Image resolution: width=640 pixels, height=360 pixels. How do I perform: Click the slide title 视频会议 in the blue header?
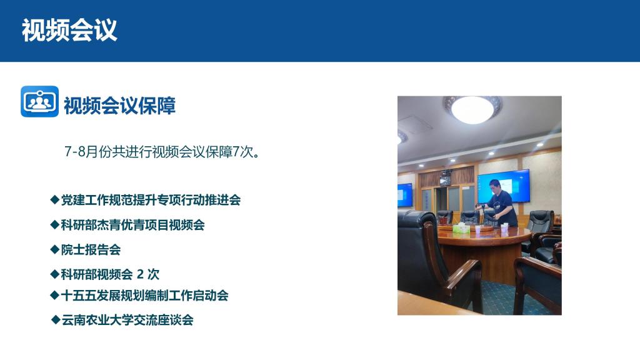[69, 30]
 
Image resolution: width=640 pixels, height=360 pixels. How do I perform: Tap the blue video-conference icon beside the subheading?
[39, 101]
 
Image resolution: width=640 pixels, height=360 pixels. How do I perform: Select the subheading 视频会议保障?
[119, 105]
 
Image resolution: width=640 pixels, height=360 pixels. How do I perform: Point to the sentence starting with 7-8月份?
[162, 152]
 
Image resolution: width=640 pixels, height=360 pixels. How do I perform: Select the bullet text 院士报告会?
[91, 250]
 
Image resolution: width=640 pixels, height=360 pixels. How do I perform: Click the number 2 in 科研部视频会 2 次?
[140, 274]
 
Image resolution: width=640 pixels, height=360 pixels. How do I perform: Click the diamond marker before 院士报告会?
[55, 249]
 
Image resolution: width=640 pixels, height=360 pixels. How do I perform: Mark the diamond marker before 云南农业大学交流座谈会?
[56, 319]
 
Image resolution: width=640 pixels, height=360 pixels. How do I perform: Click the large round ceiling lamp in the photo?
[472, 109]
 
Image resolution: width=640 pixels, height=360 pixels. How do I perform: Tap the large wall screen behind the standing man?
[504, 186]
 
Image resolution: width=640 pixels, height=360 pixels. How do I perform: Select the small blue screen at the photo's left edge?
[405, 195]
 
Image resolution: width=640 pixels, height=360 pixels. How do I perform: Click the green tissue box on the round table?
[461, 228]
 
